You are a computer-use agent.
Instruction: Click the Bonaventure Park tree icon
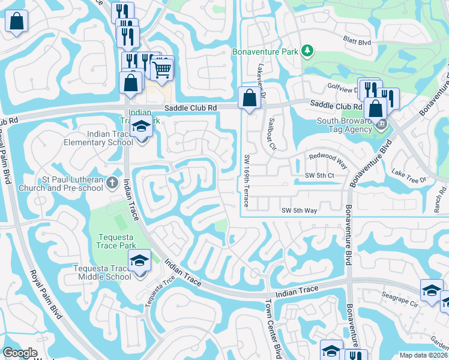[x=308, y=51]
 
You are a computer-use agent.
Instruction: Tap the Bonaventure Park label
[x=265, y=52]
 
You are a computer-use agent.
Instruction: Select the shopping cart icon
[x=162, y=70]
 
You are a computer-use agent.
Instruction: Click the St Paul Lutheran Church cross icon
[x=112, y=182]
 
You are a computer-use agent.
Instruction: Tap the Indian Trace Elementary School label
[x=101, y=138]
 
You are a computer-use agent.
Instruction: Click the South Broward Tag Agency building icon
[x=381, y=125]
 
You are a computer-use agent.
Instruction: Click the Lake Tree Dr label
[x=408, y=176]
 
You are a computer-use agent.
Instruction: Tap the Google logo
[x=20, y=353]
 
